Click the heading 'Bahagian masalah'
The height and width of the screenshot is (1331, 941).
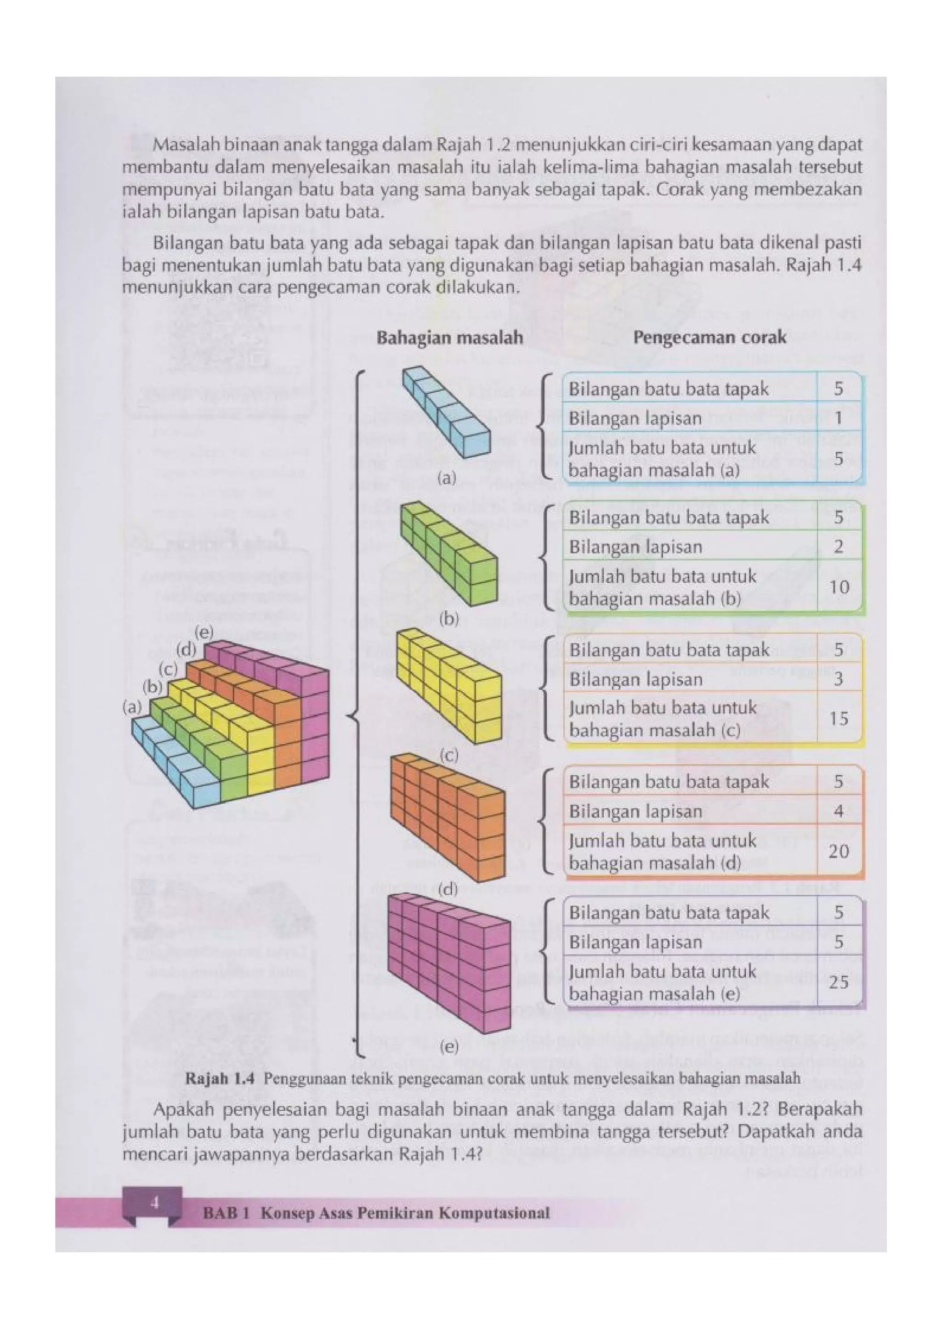449,338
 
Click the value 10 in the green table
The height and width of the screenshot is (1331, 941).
839,587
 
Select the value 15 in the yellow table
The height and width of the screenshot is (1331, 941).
839,719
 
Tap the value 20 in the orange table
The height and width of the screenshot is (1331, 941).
839,851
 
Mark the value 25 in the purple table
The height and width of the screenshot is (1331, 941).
839,982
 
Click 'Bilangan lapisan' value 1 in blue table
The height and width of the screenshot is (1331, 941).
839,417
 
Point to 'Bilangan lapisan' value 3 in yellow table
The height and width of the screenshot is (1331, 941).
839,678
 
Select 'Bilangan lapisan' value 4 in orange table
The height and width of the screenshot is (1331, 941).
839,811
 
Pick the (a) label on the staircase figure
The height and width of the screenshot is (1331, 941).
132,707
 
